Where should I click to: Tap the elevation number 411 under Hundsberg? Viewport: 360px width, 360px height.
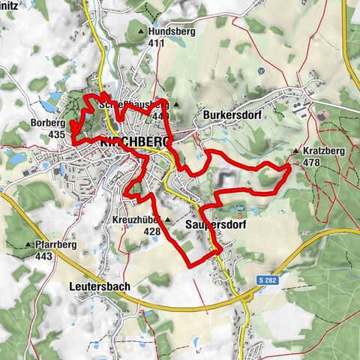[156, 43]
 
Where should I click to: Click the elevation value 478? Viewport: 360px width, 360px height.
[313, 161]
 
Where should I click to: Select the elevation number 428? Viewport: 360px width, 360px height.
[153, 232]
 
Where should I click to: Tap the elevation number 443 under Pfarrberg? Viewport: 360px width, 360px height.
[43, 256]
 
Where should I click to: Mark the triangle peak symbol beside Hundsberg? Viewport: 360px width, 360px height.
[142, 32]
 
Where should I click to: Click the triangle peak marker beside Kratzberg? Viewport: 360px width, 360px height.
[297, 151]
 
